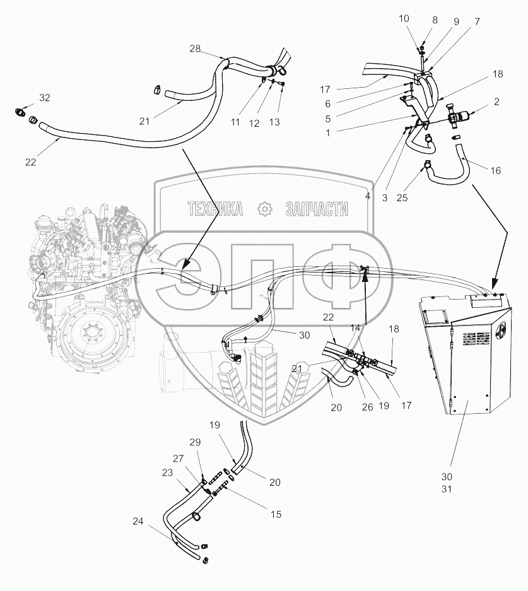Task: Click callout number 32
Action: (x=44, y=98)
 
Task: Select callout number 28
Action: (x=194, y=49)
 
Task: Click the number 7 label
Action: (x=477, y=21)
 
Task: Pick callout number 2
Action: (x=496, y=102)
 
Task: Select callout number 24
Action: (x=138, y=521)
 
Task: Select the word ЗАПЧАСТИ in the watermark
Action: (x=317, y=209)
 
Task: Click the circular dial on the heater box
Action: (x=501, y=329)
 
